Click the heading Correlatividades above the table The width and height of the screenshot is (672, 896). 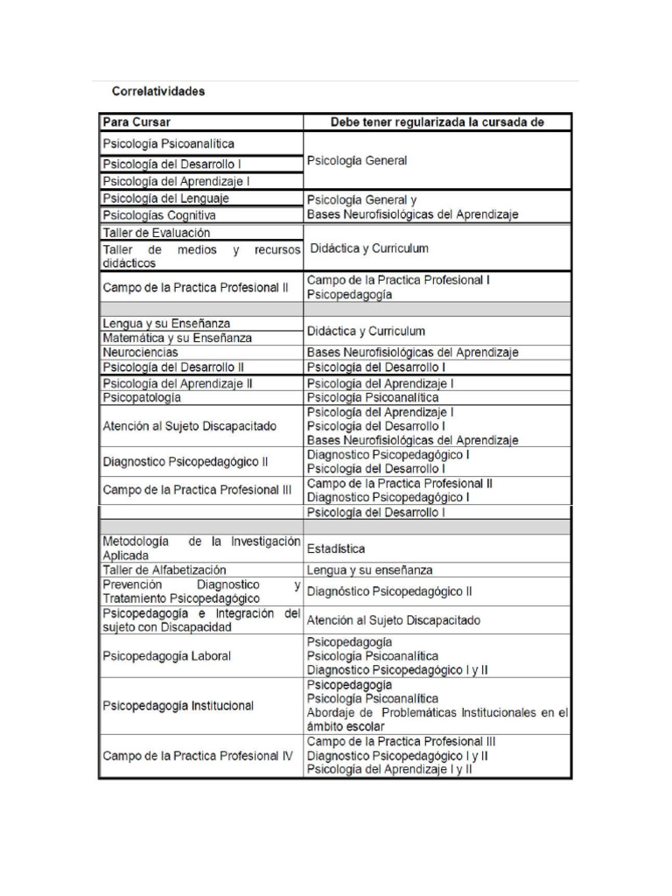click(x=157, y=91)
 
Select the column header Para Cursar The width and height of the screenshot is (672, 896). click(x=136, y=122)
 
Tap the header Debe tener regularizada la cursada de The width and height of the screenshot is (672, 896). click(x=437, y=122)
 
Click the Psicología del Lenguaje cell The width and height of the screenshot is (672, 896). click(x=166, y=199)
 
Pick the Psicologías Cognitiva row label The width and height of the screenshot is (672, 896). click(x=159, y=215)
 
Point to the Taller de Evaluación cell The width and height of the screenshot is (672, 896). click(x=157, y=233)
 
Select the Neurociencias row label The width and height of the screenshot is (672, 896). click(x=141, y=352)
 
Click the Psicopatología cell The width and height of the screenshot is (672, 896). click(x=143, y=397)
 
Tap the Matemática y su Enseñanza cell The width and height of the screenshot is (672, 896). click(x=178, y=338)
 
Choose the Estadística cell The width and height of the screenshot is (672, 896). click(x=336, y=549)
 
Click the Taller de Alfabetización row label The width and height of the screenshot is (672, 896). click(x=164, y=570)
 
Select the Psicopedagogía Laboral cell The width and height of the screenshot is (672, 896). click(x=167, y=655)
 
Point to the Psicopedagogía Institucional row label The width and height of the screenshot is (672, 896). click(x=178, y=705)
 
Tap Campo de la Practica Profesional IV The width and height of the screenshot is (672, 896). click(x=198, y=755)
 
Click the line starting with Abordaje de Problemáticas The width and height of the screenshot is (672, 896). click(x=437, y=713)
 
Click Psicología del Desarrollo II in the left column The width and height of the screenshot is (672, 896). click(x=173, y=367)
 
